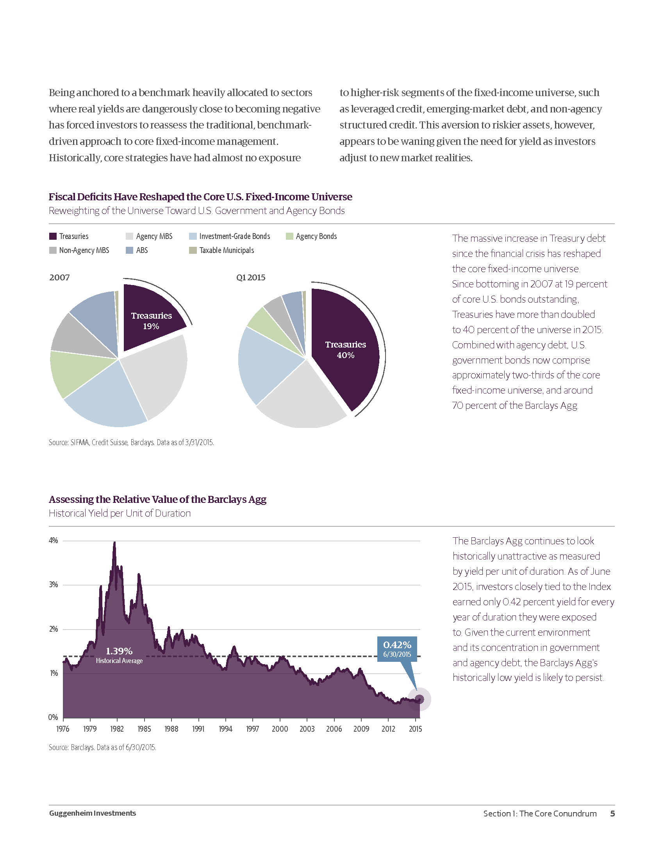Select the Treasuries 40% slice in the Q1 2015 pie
(x=345, y=349)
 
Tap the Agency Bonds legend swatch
(x=289, y=236)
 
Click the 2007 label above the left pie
(x=59, y=278)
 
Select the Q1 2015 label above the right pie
(x=251, y=278)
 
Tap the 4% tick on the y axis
(x=54, y=540)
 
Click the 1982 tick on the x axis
(x=117, y=729)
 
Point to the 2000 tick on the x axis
(x=280, y=729)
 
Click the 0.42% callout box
(x=397, y=649)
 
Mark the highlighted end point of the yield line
(x=419, y=699)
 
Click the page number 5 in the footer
(x=612, y=813)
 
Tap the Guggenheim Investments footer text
(x=93, y=813)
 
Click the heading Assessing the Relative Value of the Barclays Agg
(x=157, y=499)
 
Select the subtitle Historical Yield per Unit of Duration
(x=120, y=513)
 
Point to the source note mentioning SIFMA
(x=131, y=442)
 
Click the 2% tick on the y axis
(x=54, y=629)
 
